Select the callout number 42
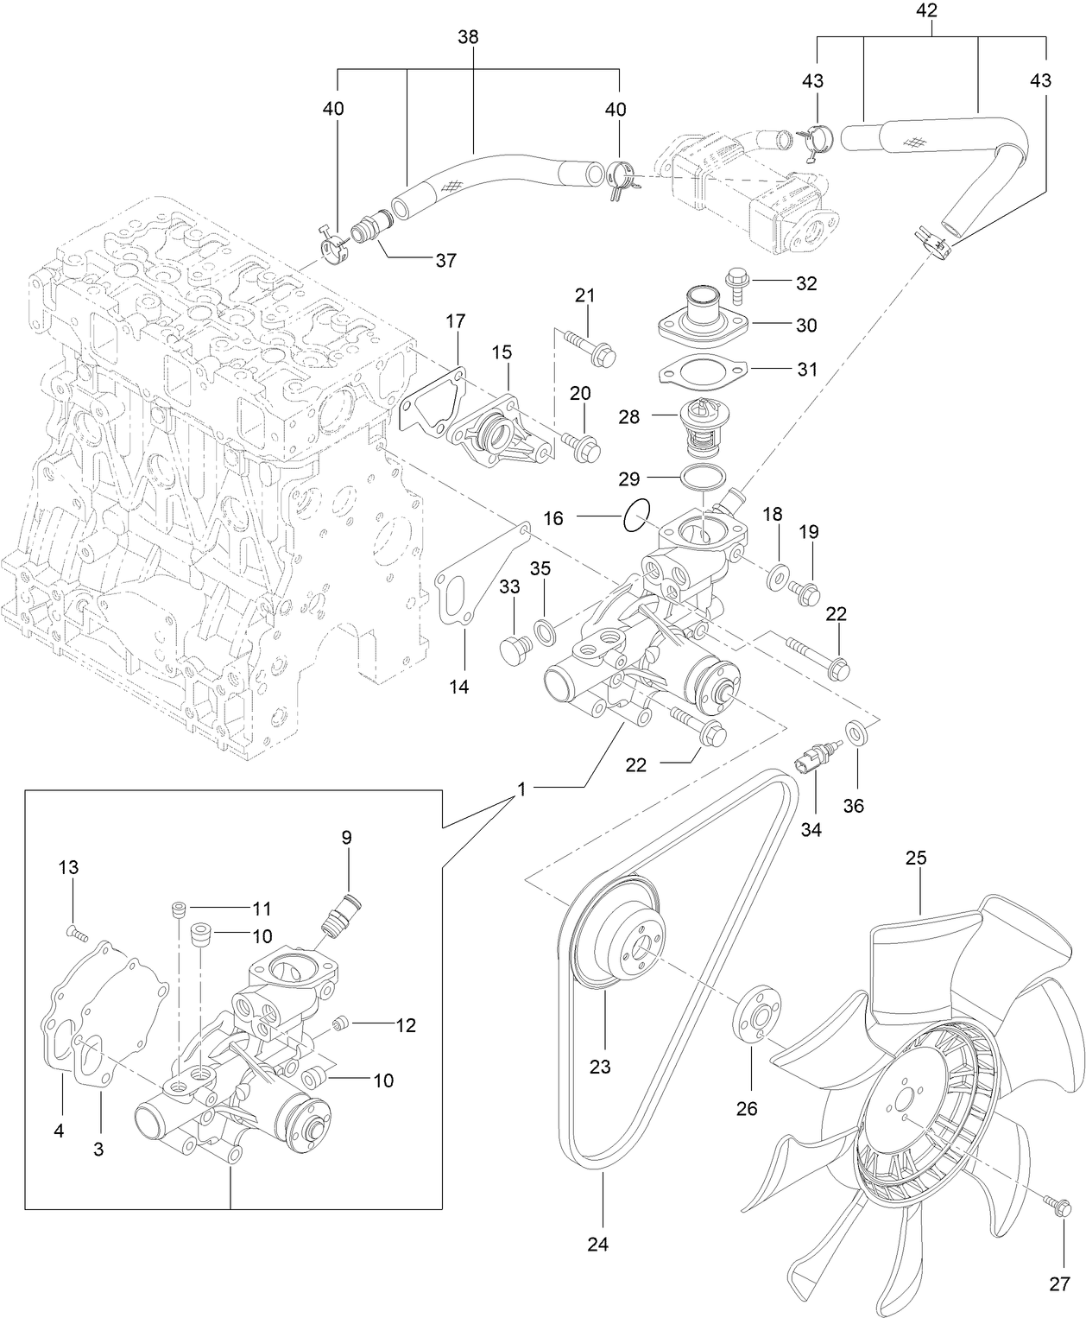(926, 11)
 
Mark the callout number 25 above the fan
(915, 858)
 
